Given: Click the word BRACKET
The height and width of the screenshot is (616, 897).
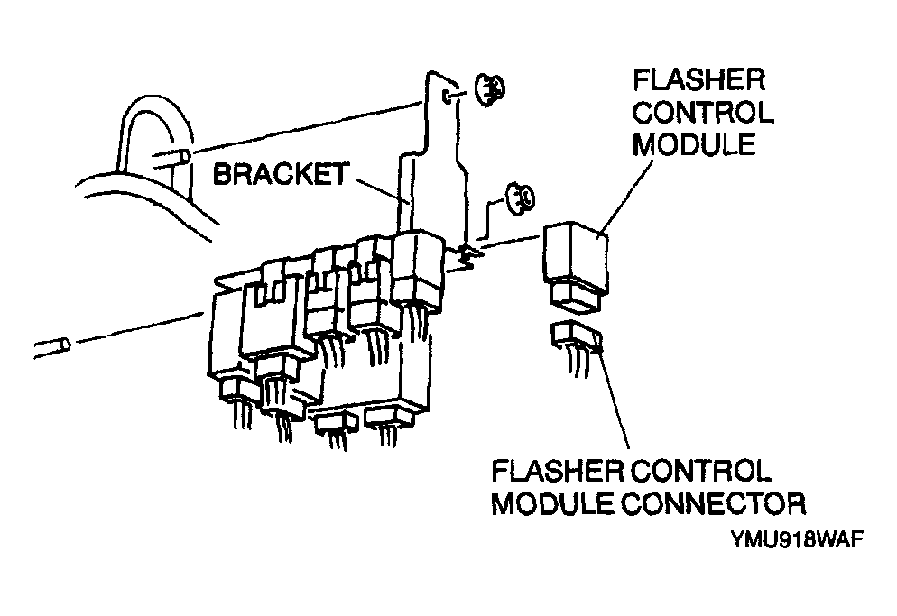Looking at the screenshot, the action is click(x=281, y=174).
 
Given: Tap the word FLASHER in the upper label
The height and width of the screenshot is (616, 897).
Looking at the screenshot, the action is click(x=698, y=80).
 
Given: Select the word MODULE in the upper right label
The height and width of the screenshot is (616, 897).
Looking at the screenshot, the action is click(x=694, y=144).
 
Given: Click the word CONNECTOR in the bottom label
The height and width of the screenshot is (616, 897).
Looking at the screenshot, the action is click(x=714, y=504).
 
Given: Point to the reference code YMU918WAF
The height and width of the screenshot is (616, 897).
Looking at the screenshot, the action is click(x=797, y=539).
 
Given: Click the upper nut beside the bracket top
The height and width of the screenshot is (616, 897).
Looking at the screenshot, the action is click(x=490, y=90).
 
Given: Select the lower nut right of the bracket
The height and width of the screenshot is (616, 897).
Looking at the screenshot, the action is click(x=520, y=198).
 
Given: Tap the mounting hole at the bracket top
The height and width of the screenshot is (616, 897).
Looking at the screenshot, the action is click(x=449, y=96).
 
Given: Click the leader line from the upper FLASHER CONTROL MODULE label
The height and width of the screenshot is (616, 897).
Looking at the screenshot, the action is click(x=625, y=197).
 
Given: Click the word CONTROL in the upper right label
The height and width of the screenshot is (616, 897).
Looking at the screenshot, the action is click(x=703, y=113).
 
